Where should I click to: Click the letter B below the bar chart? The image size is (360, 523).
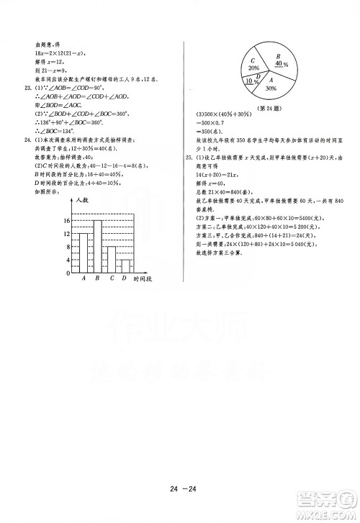(x=97, y=278)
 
